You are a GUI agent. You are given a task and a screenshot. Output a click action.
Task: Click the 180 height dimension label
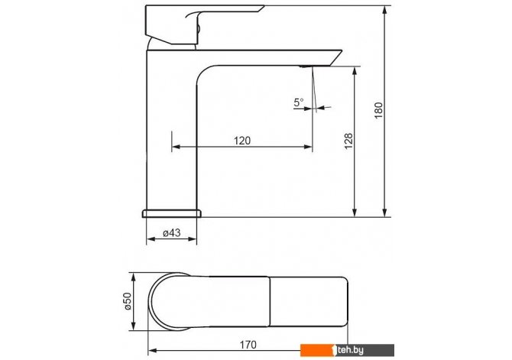[378, 110]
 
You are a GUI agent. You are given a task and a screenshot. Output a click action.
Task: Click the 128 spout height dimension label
[348, 141]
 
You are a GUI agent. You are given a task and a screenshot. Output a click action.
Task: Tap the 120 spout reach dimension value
[242, 141]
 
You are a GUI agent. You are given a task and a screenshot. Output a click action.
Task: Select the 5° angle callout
[299, 102]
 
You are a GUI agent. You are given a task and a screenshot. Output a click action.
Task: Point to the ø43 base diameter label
[171, 232]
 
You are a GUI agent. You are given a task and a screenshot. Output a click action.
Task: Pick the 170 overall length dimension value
[248, 345]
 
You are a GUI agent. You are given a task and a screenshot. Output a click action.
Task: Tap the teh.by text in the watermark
[350, 350]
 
